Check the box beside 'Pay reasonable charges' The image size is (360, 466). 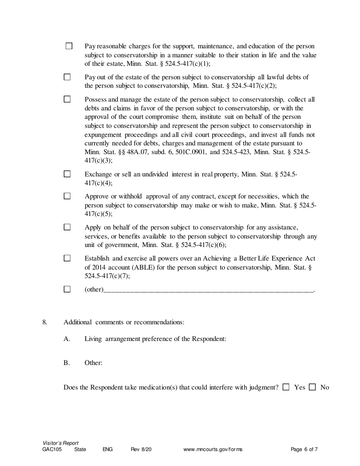click(x=69, y=46)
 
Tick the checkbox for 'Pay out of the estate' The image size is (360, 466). click(x=67, y=77)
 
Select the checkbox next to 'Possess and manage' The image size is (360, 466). click(x=67, y=100)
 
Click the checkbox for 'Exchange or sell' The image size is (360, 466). click(x=67, y=174)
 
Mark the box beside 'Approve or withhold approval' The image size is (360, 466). click(x=67, y=196)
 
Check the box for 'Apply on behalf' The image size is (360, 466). click(x=67, y=227)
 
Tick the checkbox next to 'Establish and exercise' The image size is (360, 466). click(x=67, y=258)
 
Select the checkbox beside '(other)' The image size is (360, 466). click(x=67, y=289)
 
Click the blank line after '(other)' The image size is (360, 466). click(x=208, y=290)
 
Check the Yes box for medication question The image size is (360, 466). click(x=286, y=387)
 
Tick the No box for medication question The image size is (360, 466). click(x=313, y=387)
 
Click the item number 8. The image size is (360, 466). click(x=45, y=322)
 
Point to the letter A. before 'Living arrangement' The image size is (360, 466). click(x=67, y=339)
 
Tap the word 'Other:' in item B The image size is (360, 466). click(x=94, y=363)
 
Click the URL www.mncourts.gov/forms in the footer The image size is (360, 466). click(x=213, y=450)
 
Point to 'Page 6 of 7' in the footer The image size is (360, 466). click(x=304, y=450)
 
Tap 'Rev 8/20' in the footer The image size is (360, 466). click(x=141, y=450)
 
